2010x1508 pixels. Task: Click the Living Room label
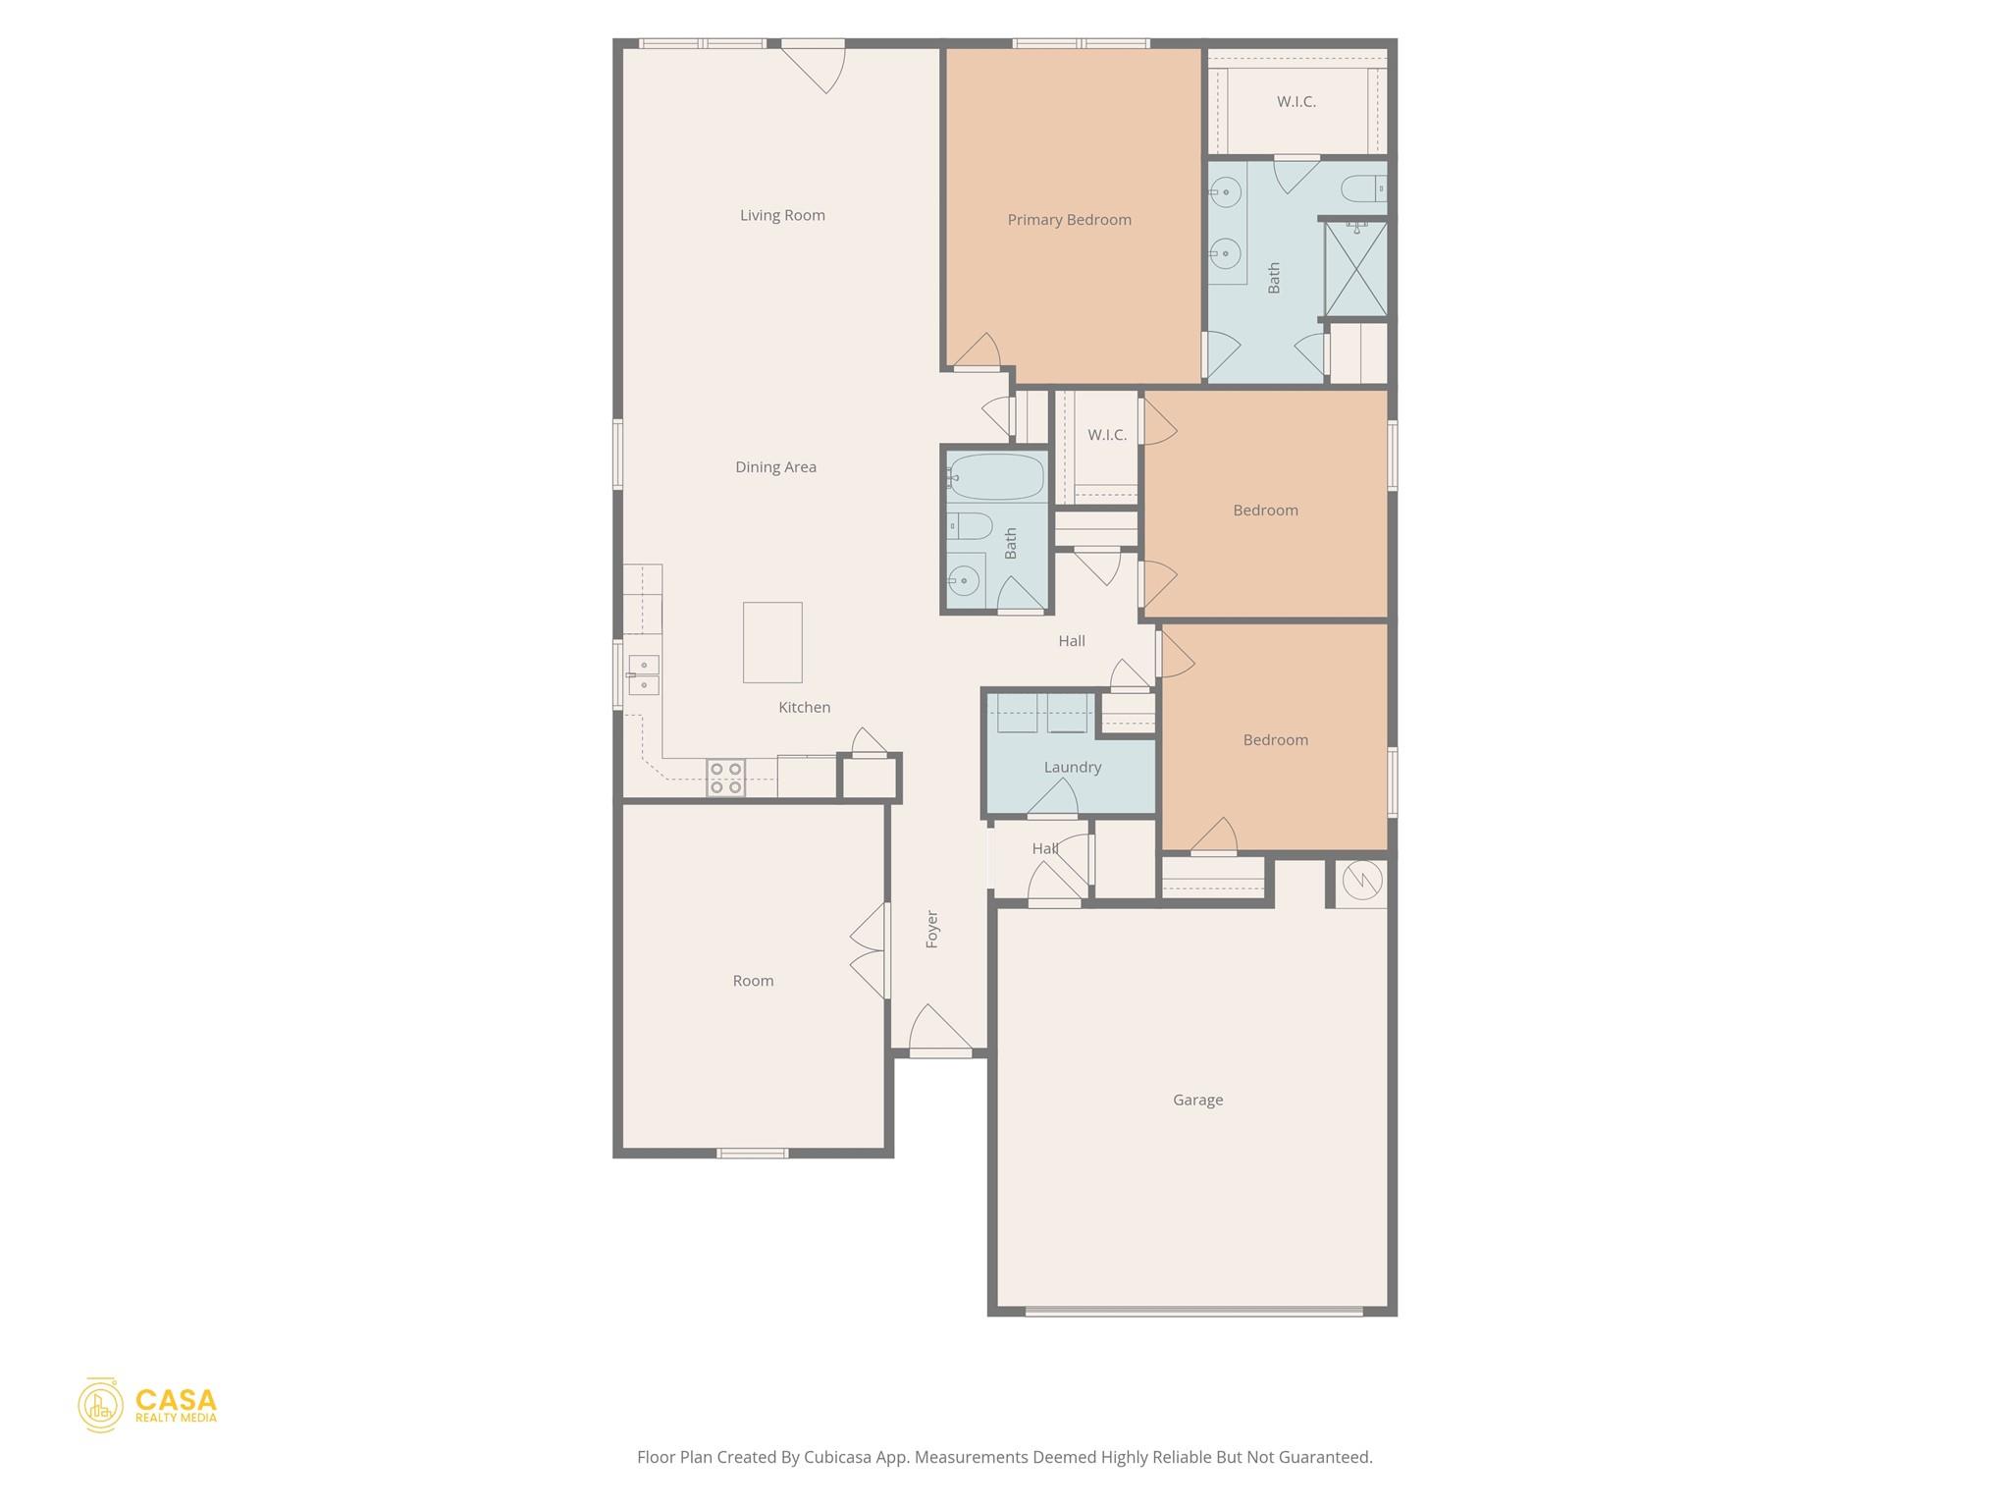tap(782, 215)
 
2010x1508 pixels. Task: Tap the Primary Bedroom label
tap(1069, 220)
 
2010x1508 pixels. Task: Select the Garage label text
tap(1197, 1101)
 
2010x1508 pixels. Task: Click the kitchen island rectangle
tap(772, 642)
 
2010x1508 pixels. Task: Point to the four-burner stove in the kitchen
tap(725, 779)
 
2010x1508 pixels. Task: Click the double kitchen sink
tap(643, 675)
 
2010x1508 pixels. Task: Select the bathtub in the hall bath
tap(996, 477)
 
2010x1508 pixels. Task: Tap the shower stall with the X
tap(1355, 269)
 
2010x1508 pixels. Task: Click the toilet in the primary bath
tap(1362, 188)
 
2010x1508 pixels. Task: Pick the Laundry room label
tap(1072, 768)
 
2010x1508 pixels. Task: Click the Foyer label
tap(932, 929)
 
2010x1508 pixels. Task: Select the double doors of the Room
tap(871, 950)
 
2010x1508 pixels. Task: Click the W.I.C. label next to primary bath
tap(1296, 102)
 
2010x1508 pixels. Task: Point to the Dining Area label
tap(775, 467)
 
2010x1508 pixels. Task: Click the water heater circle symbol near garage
tap(1362, 881)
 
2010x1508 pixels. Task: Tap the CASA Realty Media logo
tap(147, 1405)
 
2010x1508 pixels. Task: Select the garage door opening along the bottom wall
tap(1193, 1311)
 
